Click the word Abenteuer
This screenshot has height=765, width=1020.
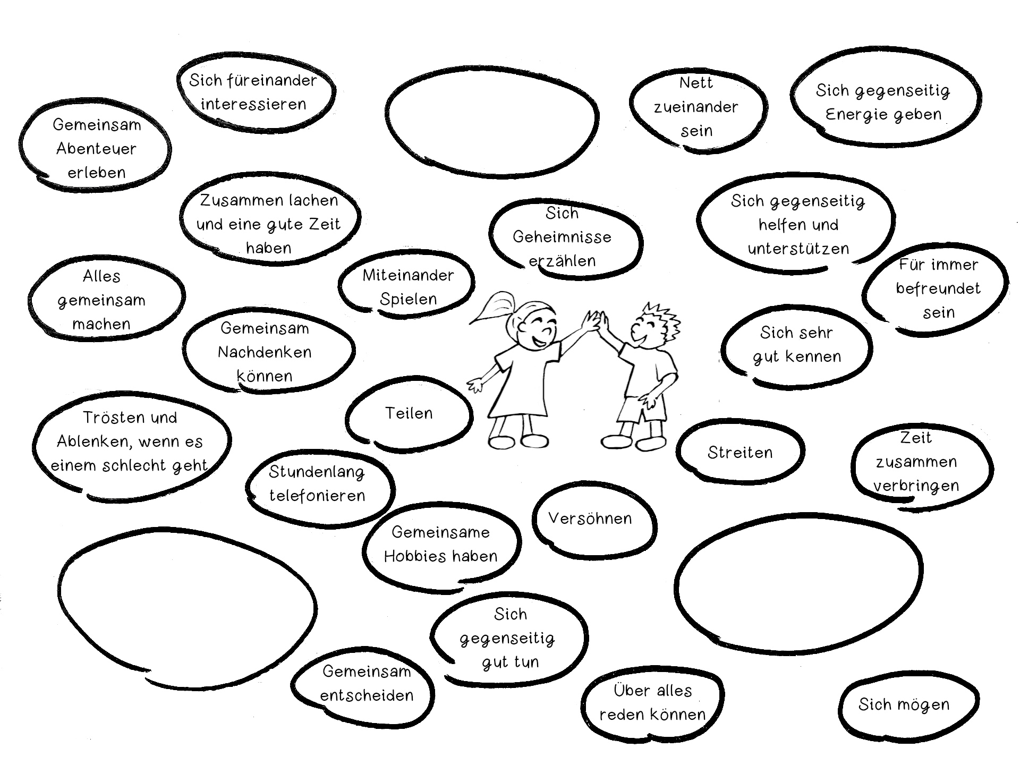[x=96, y=149]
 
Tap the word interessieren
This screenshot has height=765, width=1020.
[x=253, y=104]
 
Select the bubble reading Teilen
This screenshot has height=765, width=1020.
[x=409, y=413]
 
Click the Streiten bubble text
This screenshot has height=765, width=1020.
[x=740, y=453]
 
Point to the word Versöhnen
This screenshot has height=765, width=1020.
[x=590, y=518]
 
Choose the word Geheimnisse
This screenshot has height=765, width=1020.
[x=562, y=237]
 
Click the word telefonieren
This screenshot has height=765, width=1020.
[x=317, y=496]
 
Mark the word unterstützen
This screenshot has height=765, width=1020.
[x=798, y=249]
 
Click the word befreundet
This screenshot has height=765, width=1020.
[x=938, y=288]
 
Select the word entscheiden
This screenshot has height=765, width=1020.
[x=367, y=695]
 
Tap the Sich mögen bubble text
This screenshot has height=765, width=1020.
[x=904, y=704]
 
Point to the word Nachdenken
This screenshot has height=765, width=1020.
[x=265, y=352]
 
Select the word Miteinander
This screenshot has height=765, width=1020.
[x=408, y=275]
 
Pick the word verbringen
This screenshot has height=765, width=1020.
[x=916, y=486]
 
